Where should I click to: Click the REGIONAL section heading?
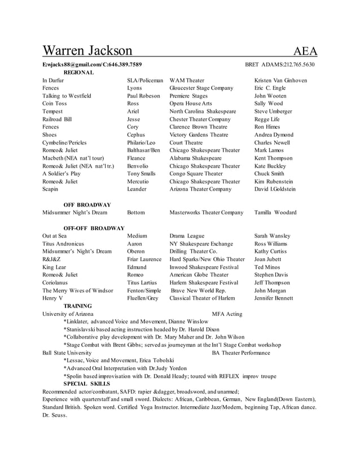click(x=78, y=73)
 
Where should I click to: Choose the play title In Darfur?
click(x=53, y=81)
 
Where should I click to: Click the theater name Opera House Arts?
click(x=191, y=104)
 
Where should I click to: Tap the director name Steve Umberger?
click(x=273, y=112)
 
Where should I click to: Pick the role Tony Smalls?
click(x=141, y=174)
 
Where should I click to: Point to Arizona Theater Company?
click(x=200, y=190)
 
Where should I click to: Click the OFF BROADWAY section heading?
click(x=87, y=205)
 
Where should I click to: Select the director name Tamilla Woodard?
click(x=275, y=213)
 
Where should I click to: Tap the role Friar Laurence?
click(x=144, y=260)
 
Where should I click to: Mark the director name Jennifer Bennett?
click(x=274, y=298)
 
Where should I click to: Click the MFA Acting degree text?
click(x=227, y=314)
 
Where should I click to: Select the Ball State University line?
click(x=67, y=353)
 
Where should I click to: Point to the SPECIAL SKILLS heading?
click(x=86, y=384)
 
